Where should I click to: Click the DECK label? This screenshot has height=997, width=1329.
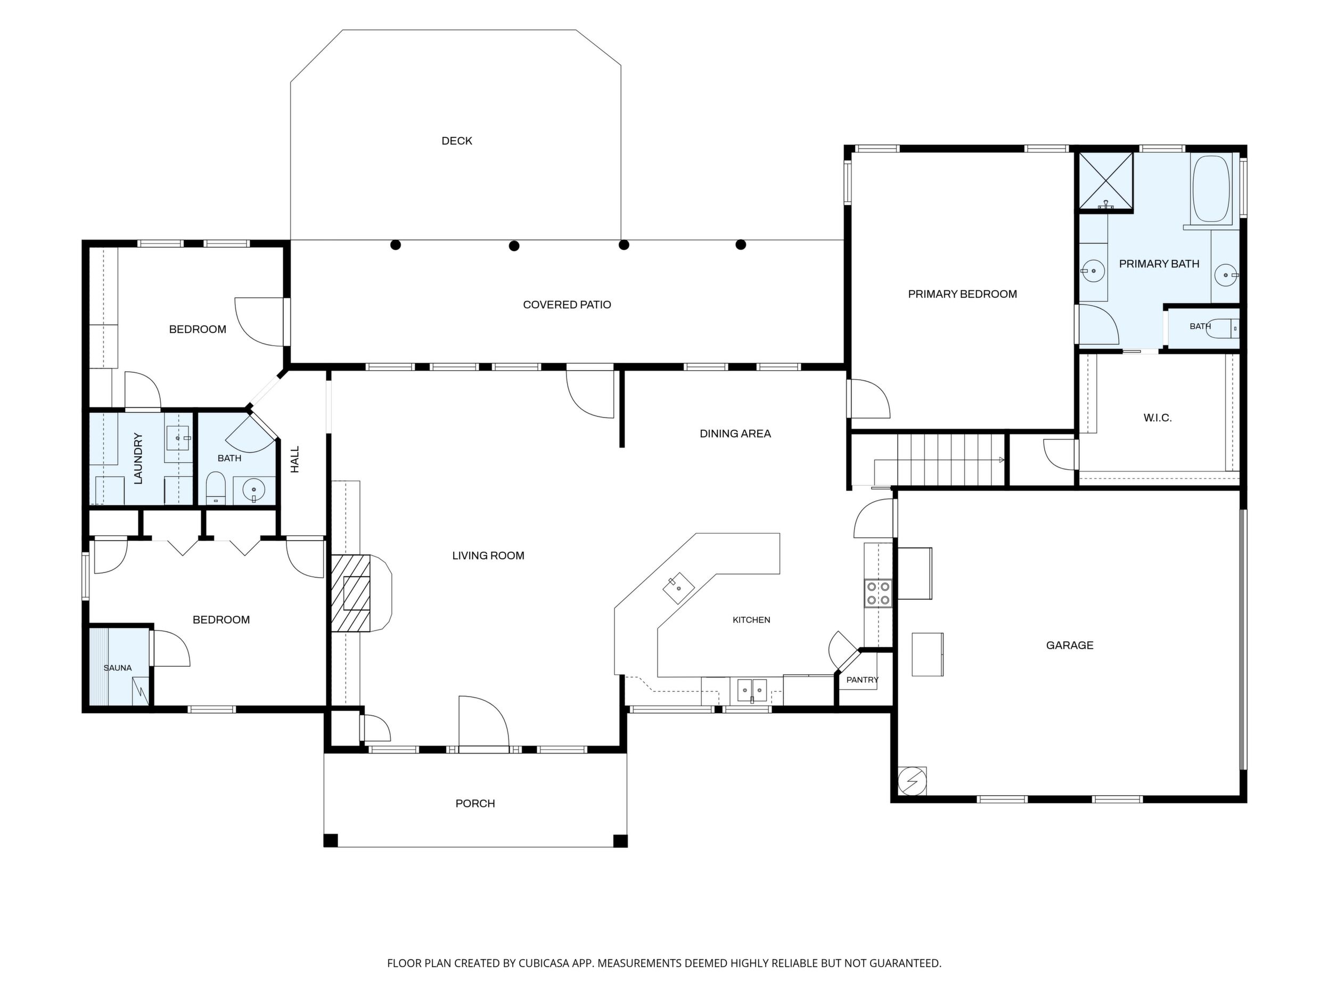click(457, 141)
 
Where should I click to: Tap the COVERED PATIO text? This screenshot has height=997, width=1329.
click(567, 305)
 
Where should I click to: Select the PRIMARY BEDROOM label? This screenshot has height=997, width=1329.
click(962, 294)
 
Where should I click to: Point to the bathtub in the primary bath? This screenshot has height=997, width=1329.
click(1212, 189)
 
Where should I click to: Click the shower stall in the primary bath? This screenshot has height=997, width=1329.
click(1106, 182)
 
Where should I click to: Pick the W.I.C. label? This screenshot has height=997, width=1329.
click(1157, 418)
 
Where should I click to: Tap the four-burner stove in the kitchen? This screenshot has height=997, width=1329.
click(878, 593)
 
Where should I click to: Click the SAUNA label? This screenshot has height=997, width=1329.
click(117, 668)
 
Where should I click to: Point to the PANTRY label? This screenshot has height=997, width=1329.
click(862, 680)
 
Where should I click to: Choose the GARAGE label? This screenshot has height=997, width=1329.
click(1070, 645)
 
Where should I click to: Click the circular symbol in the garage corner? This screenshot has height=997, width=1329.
click(912, 781)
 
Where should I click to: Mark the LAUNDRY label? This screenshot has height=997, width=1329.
click(137, 459)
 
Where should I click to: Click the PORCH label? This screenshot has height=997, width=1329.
click(474, 804)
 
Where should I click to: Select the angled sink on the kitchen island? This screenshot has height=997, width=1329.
click(678, 589)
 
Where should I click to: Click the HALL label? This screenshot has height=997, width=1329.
click(294, 459)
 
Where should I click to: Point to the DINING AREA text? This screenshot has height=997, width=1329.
click(735, 434)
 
